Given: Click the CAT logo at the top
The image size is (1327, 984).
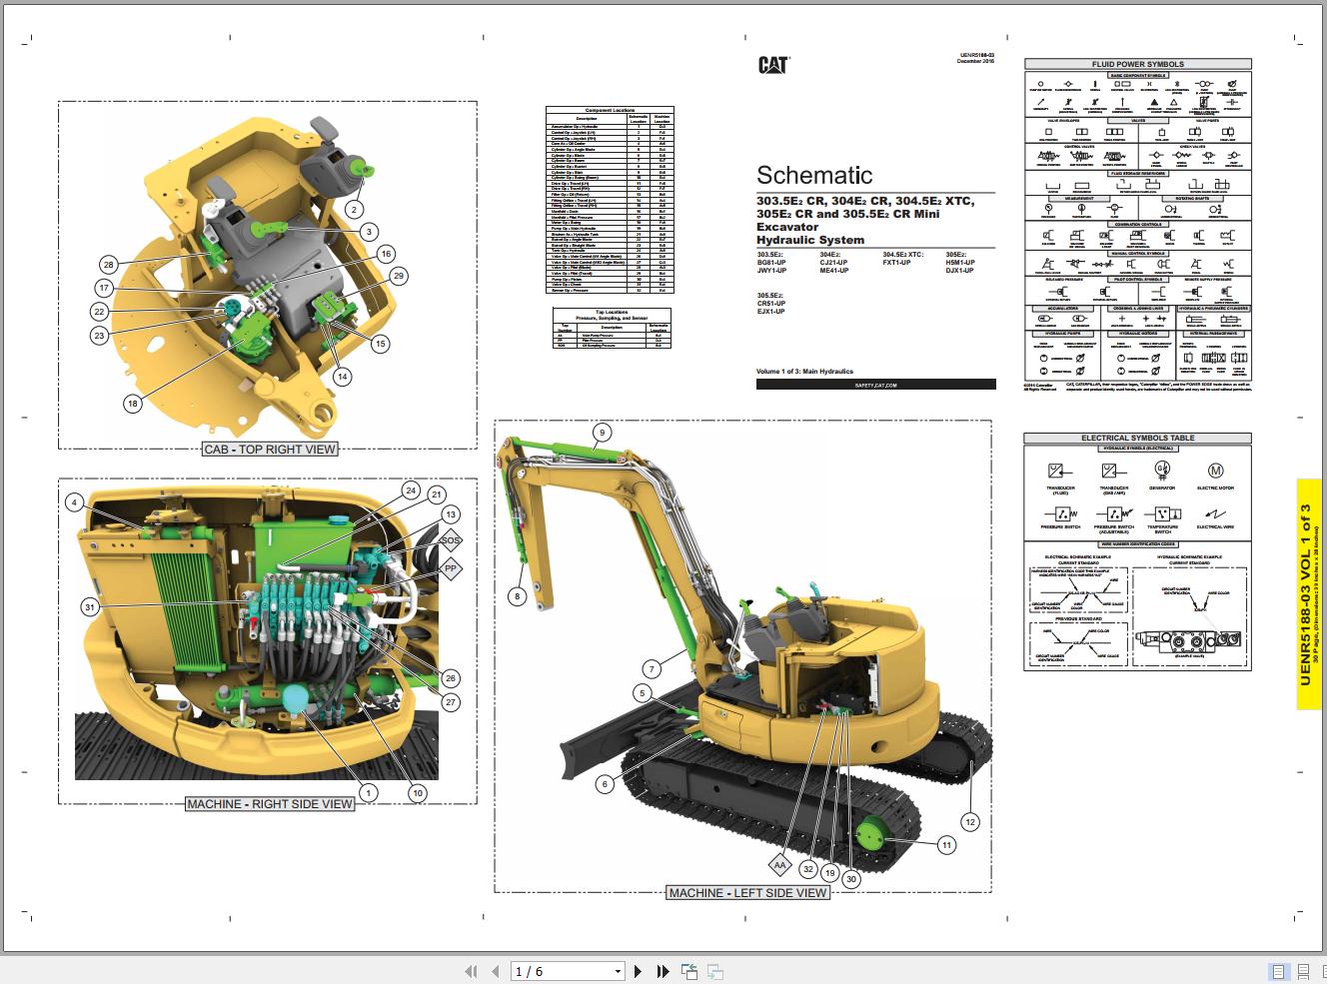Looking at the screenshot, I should click(772, 65).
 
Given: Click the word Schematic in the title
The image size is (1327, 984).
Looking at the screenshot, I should click(814, 176).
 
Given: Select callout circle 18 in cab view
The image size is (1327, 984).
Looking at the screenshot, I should click(133, 404).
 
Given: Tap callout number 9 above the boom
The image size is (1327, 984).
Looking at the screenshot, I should click(602, 433).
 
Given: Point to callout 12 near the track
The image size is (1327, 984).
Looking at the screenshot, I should click(969, 821).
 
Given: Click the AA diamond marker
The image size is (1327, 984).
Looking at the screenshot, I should click(779, 865).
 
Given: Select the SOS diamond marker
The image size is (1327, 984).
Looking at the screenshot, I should click(451, 540).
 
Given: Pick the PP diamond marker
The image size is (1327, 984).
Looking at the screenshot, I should click(451, 568).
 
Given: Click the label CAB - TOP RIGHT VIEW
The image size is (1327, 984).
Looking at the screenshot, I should click(270, 450).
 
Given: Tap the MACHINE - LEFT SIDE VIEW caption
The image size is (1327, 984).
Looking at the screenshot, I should click(747, 893).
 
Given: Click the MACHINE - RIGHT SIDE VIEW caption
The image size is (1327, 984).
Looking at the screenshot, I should click(270, 803).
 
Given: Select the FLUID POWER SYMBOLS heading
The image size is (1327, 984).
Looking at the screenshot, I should click(1137, 64).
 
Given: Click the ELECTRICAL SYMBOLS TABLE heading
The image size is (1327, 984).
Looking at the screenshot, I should click(1137, 438).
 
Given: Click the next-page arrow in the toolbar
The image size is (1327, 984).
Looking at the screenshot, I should click(639, 971).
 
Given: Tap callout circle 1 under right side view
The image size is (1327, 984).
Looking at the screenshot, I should click(369, 792).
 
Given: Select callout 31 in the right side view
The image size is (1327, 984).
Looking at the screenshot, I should click(90, 607).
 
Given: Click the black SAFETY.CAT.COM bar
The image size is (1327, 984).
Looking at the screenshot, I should click(875, 384).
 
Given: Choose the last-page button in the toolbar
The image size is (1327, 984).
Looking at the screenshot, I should click(663, 971).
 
